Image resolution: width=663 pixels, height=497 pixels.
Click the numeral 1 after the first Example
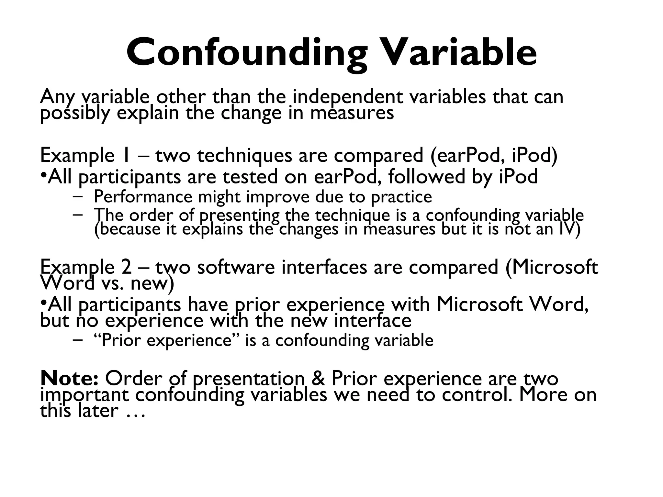[126, 155]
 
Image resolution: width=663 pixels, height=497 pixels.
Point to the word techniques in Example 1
[245, 155]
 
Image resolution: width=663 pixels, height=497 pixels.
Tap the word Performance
[143, 197]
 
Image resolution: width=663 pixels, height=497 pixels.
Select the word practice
[401, 197]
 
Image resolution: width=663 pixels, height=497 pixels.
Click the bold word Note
[69, 378]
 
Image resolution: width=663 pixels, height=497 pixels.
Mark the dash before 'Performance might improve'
[78, 196]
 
